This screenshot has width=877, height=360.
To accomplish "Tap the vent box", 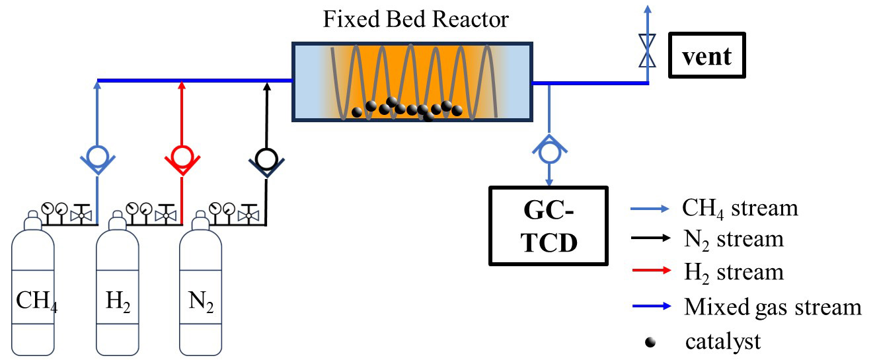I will click(x=706, y=55).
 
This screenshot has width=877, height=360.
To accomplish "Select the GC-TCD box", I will click(x=548, y=224).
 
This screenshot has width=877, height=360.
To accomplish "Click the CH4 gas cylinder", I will click(x=34, y=291).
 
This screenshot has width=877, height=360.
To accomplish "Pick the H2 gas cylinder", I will click(x=117, y=291).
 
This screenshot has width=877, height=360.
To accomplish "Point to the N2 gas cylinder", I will click(x=202, y=291).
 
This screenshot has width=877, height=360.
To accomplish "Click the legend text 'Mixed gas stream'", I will click(x=773, y=307).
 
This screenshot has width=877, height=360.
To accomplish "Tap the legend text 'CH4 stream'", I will click(x=740, y=207).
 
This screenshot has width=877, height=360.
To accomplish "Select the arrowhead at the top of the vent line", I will click(x=647, y=9).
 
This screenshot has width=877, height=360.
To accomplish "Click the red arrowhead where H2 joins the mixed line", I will click(x=181, y=86).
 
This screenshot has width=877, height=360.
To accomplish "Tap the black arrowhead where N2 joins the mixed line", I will click(x=266, y=86).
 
